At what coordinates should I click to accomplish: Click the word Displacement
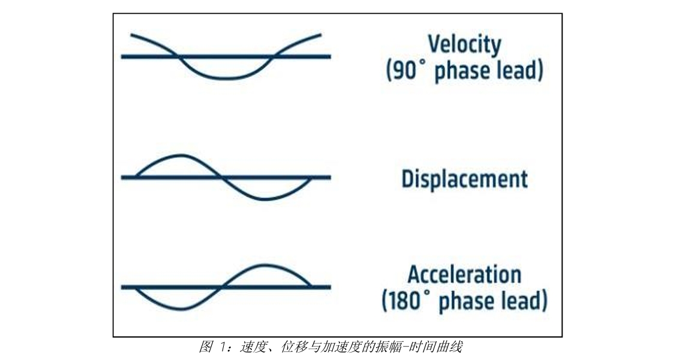464,179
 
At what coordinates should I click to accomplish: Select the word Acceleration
464,275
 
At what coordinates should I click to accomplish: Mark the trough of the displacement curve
266,199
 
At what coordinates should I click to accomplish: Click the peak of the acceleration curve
265,265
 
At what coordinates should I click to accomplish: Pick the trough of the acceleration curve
182,308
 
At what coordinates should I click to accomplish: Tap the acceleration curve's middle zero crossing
223,287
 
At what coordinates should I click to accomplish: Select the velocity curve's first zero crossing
178,56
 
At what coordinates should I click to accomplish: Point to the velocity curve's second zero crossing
274,56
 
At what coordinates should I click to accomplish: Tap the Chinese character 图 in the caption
206,347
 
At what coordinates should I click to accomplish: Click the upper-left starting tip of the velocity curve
131,34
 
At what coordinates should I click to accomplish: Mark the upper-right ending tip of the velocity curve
320,34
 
